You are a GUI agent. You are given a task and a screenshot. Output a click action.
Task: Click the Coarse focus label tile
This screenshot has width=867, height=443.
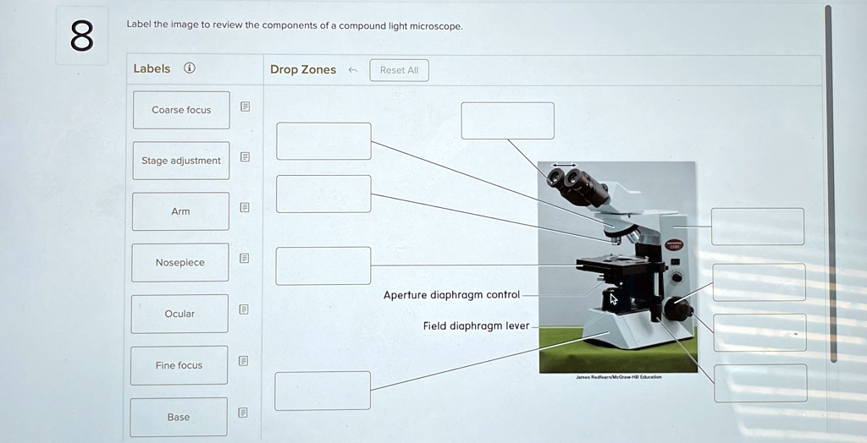tap(181, 110)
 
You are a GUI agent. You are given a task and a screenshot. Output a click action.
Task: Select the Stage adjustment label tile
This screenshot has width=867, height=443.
tap(180, 161)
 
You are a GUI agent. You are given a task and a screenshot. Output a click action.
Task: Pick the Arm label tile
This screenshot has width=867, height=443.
tap(180, 211)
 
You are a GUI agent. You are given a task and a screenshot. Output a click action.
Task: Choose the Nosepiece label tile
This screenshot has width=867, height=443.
tap(179, 263)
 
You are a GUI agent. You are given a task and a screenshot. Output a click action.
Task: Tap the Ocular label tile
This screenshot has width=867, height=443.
tap(179, 314)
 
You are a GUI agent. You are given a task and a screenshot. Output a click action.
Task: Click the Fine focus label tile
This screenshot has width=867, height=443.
tap(179, 365)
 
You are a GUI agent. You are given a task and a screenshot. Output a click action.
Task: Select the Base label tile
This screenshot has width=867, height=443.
tap(179, 417)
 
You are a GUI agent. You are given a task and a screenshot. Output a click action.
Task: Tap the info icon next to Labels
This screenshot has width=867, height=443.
tap(190, 68)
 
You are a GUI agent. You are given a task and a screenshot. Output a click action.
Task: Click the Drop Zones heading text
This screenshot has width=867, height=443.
tap(303, 69)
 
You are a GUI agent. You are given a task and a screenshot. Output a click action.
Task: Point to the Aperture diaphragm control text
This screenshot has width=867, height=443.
tap(451, 295)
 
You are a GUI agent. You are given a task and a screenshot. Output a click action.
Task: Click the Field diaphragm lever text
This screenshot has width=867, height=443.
tap(476, 325)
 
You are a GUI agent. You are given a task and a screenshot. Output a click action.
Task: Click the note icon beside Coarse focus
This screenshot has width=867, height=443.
tap(245, 107)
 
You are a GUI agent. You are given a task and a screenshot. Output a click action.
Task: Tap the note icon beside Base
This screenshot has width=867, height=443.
tap(243, 413)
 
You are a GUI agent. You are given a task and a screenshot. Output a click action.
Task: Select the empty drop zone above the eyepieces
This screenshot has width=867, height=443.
tap(507, 120)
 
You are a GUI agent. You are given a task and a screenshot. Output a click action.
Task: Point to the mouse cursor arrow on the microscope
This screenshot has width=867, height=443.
tap(615, 298)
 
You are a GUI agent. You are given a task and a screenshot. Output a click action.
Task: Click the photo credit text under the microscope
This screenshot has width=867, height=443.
tap(619, 377)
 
